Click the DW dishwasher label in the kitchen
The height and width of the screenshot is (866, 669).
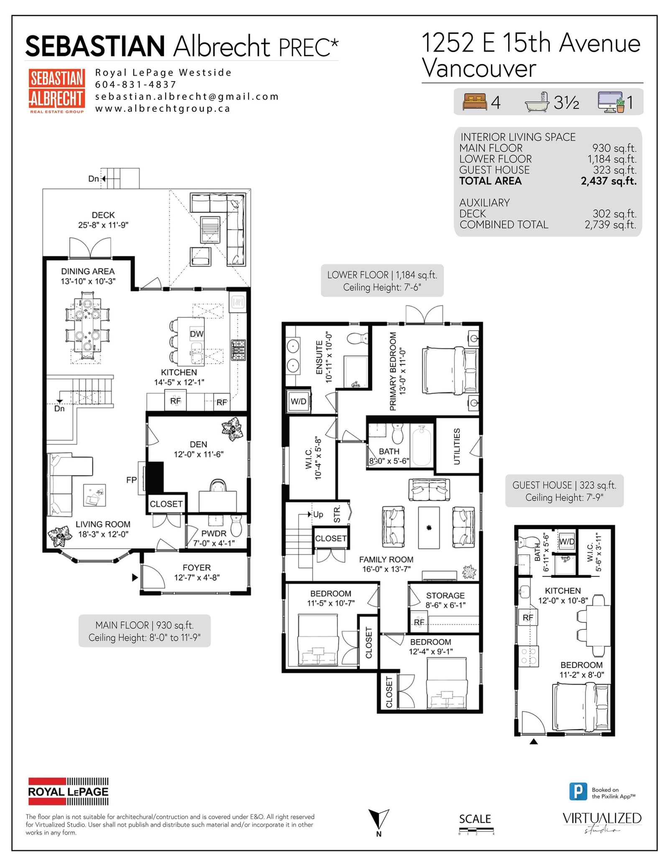(x=197, y=334)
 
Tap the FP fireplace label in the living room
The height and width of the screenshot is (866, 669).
(x=131, y=480)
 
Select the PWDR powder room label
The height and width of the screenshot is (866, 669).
(x=214, y=533)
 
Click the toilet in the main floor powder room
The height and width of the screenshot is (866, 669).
(x=236, y=526)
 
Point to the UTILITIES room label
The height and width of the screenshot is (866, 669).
(x=457, y=446)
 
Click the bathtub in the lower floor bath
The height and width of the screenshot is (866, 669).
(x=421, y=445)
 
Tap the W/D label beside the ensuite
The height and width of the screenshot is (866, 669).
(x=299, y=401)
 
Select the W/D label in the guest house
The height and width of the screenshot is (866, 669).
(x=567, y=542)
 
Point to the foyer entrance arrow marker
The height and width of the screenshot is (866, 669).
(x=135, y=577)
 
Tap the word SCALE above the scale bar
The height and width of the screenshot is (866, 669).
(x=475, y=819)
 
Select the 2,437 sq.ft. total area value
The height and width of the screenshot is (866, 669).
(x=608, y=181)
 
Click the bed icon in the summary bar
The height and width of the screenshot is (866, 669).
(x=475, y=102)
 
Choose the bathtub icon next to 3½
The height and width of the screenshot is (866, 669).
(x=537, y=102)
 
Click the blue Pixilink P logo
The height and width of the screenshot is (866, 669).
(x=578, y=792)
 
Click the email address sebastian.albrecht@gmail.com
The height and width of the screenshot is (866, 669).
(x=187, y=97)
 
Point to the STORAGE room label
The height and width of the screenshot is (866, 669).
(x=445, y=595)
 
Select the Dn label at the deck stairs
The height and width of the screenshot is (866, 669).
(x=93, y=179)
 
